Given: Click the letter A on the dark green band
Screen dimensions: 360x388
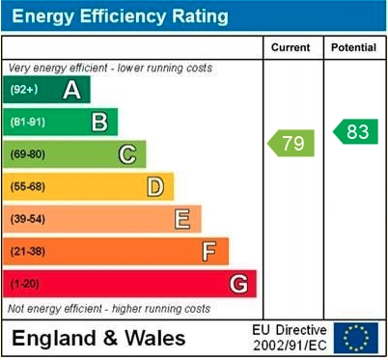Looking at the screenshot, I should click(x=71, y=91).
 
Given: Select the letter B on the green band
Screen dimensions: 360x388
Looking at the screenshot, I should click(x=98, y=123).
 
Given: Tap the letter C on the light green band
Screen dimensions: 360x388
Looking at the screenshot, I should click(x=126, y=154).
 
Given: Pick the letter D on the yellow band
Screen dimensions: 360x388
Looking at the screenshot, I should click(x=154, y=187).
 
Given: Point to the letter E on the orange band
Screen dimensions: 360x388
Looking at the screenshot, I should click(x=181, y=219).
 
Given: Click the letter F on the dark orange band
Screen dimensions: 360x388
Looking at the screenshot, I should click(x=208, y=252).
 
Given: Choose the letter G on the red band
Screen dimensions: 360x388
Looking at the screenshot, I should click(x=237, y=284).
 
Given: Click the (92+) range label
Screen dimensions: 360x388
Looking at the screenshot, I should click(x=24, y=91).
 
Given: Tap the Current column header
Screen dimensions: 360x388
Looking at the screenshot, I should click(x=291, y=47).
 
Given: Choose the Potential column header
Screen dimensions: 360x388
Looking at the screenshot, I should click(x=354, y=47).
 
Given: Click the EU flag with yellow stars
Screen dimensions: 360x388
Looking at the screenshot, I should click(x=356, y=338).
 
